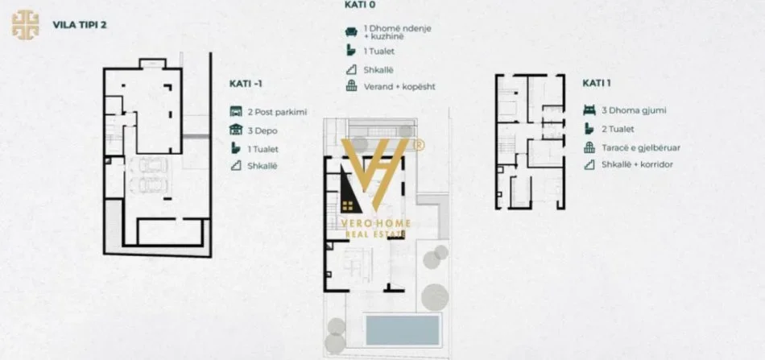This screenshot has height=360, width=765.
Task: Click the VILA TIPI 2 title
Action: pos(79,24)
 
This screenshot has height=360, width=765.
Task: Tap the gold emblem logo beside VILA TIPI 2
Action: pos(26,23)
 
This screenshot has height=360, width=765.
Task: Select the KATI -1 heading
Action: pos(246,83)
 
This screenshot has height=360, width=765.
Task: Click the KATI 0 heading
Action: pos(359,4)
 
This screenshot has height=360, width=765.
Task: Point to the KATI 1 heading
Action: pos(598,83)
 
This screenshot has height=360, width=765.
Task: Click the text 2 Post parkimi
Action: pos(278,112)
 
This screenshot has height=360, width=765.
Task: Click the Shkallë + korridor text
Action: pos(637,164)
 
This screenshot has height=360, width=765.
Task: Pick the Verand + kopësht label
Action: pos(399,86)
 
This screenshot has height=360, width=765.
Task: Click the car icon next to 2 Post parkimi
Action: pos(236,112)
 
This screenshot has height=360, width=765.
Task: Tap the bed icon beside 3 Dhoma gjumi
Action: pos(588,110)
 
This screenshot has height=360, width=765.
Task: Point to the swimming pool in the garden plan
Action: pos(403,329)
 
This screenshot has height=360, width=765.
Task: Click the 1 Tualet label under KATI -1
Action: pos(267,148)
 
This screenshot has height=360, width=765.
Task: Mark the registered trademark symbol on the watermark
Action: pos(418,145)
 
